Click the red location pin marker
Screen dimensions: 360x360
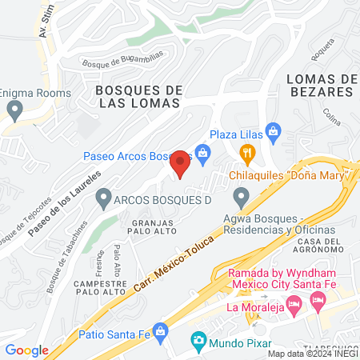point(181,163)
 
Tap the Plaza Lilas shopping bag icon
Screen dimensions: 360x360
point(272,130)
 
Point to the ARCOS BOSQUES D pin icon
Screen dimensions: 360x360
point(103,196)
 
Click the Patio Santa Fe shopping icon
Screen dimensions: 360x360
point(160,330)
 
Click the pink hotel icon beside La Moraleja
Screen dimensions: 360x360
point(294,305)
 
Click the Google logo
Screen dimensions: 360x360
point(26,350)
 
